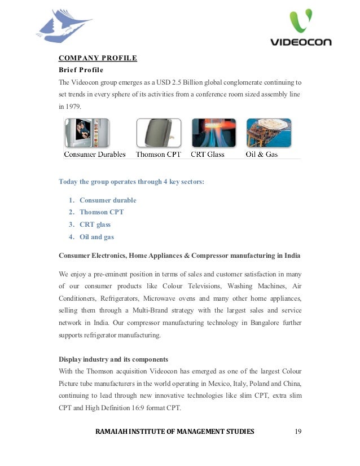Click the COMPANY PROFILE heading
point(98,58)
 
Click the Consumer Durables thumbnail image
point(86,133)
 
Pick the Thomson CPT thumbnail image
point(159,133)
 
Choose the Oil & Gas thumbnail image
point(268,133)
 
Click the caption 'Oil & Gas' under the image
point(262,154)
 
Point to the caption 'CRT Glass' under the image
point(208,154)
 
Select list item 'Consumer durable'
point(108,200)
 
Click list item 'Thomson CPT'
point(102,212)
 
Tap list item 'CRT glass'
point(95,225)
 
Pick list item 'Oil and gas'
point(96,237)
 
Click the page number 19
point(298,432)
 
